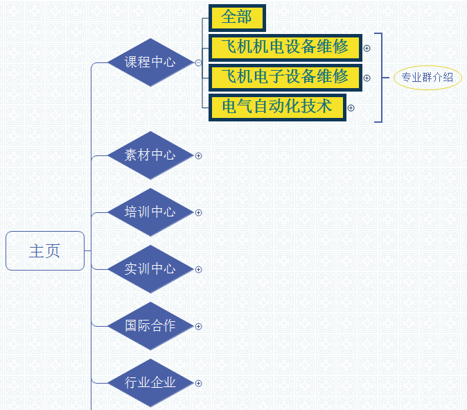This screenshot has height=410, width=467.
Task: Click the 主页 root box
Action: (x=45, y=250)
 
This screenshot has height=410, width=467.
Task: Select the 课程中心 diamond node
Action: (x=150, y=62)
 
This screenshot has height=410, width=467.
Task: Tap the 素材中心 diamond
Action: (x=150, y=155)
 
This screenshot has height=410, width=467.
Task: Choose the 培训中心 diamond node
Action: (x=150, y=212)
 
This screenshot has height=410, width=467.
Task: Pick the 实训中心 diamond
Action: (x=150, y=269)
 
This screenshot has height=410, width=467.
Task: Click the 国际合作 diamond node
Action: (x=150, y=326)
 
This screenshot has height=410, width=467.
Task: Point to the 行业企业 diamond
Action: (x=150, y=383)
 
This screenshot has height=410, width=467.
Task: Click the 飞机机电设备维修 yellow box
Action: (x=285, y=48)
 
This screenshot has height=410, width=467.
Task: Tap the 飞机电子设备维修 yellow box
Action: (x=285, y=77)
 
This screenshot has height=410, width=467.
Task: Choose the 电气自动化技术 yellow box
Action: (x=277, y=107)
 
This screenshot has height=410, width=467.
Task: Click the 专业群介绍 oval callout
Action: (x=428, y=78)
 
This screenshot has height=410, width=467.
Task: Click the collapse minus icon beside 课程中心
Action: (x=199, y=62)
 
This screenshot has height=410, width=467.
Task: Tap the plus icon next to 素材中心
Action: (x=199, y=155)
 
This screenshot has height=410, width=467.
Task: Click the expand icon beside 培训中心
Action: (x=199, y=212)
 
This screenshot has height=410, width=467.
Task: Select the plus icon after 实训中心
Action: (x=199, y=269)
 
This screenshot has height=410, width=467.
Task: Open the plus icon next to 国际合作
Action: (x=199, y=326)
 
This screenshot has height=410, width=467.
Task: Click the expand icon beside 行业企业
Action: (x=199, y=383)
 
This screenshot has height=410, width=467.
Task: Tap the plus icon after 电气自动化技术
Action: (x=351, y=108)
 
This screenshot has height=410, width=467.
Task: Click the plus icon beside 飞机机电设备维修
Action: (x=367, y=49)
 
